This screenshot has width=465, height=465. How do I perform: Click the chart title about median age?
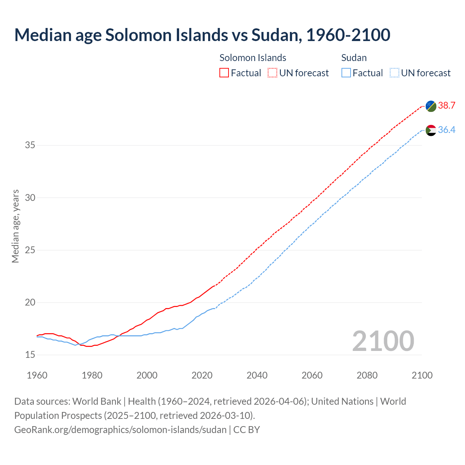coord(202,35)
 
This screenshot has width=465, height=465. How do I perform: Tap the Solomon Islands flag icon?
coord(431,106)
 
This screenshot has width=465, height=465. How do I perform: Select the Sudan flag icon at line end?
coord(431,130)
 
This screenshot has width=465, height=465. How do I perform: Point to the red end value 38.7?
coord(446,106)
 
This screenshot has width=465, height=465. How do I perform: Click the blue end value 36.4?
coord(446,130)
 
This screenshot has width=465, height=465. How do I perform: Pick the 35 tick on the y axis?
coord(30,145)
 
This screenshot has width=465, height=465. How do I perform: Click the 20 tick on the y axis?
coord(30,303)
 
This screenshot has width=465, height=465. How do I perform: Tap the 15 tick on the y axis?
coord(30,355)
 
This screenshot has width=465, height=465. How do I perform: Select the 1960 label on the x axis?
coord(37,375)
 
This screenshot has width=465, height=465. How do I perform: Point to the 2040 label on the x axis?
coord(257,375)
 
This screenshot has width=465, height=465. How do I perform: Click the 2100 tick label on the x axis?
coord(422,375)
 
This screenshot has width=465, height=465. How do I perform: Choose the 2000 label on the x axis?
coord(147,375)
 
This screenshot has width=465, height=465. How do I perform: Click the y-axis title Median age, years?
coord(15,226)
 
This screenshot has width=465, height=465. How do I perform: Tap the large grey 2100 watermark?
coord(383,341)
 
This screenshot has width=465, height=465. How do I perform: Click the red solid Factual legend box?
coord(224,73)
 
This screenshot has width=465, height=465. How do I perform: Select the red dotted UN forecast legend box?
coord(272,73)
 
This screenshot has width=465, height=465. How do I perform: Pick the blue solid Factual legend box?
coord(346,73)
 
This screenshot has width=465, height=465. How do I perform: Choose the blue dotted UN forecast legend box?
coord(394,73)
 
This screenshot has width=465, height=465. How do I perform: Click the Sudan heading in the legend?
coord(354,58)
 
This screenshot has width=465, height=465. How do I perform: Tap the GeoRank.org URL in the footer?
coord(120,430)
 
